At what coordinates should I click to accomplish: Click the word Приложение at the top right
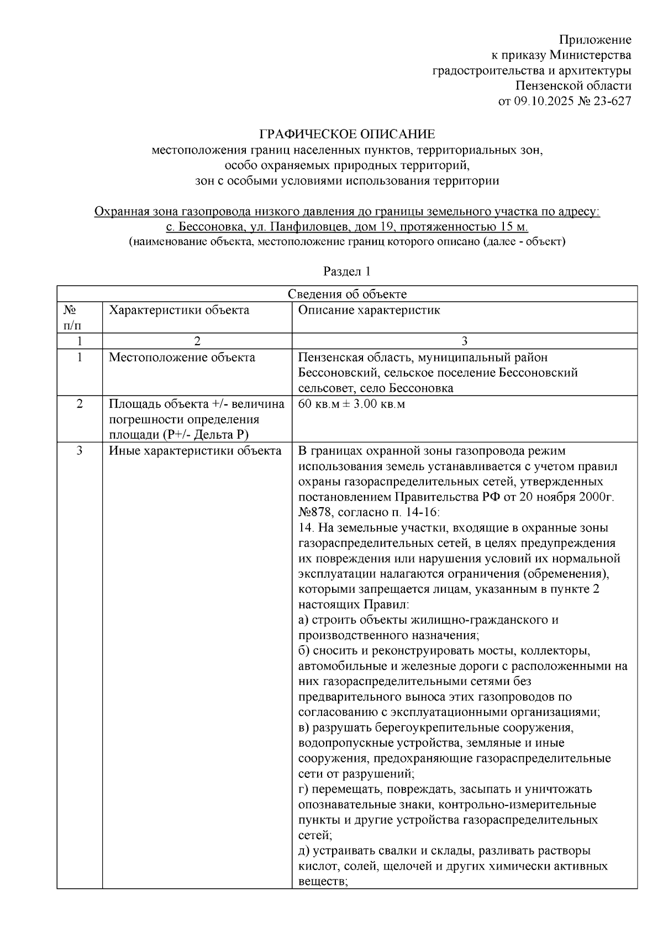tap(594, 40)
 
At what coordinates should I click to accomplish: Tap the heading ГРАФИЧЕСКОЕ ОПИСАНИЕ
tap(348, 134)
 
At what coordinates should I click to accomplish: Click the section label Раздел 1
tap(346, 271)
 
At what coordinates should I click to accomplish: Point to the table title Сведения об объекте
tap(347, 294)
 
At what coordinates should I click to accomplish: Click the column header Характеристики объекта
tap(178, 310)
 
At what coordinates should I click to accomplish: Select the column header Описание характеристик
tap(369, 310)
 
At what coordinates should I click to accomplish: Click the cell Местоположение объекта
tap(182, 357)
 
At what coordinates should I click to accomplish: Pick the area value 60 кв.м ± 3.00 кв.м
tap(351, 404)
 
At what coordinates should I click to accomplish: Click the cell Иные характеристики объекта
tap(194, 451)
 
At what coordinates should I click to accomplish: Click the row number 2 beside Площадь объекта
tap(80, 404)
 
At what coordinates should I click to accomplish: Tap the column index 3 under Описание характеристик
tap(464, 341)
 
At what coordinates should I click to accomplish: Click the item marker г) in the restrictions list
tap(304, 789)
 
